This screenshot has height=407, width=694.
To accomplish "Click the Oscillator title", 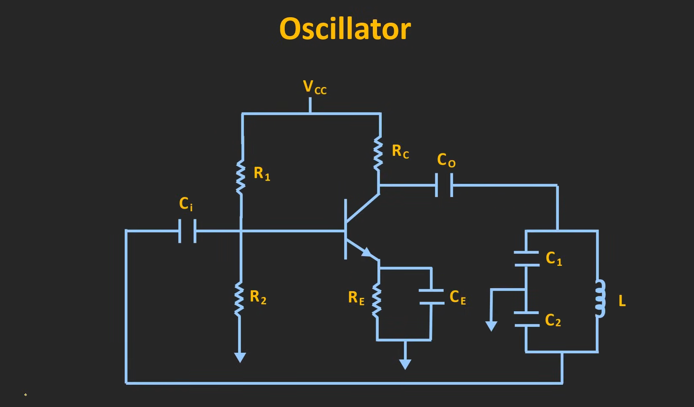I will pyautogui.click(x=345, y=29).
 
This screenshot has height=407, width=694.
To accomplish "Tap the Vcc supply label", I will pyautogui.click(x=314, y=87).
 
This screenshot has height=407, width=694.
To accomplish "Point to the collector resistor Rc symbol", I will pyautogui.click(x=378, y=154).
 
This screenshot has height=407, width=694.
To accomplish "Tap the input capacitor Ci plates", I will pyautogui.click(x=187, y=231).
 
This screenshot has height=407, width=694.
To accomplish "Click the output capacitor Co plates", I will pyautogui.click(x=444, y=185).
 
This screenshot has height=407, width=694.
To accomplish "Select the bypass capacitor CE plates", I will pyautogui.click(x=431, y=297).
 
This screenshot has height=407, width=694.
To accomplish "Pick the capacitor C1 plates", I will pyautogui.click(x=526, y=259).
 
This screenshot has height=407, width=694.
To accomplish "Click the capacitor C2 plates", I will pyautogui.click(x=526, y=319).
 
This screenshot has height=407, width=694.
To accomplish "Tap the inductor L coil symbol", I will pyautogui.click(x=600, y=299).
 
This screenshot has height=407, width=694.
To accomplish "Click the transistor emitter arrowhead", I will pyautogui.click(x=367, y=252).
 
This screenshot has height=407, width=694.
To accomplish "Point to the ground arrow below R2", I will pyautogui.click(x=240, y=357).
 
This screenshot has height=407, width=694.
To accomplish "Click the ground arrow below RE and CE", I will pyautogui.click(x=405, y=364).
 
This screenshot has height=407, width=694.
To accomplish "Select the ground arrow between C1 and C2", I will pyautogui.click(x=491, y=326).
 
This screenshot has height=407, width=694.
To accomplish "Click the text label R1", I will pyautogui.click(x=262, y=173).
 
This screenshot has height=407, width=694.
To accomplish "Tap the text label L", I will pyautogui.click(x=622, y=301).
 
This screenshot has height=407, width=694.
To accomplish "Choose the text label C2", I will pyautogui.click(x=553, y=320).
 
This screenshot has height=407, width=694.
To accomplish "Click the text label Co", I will pyautogui.click(x=446, y=160).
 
